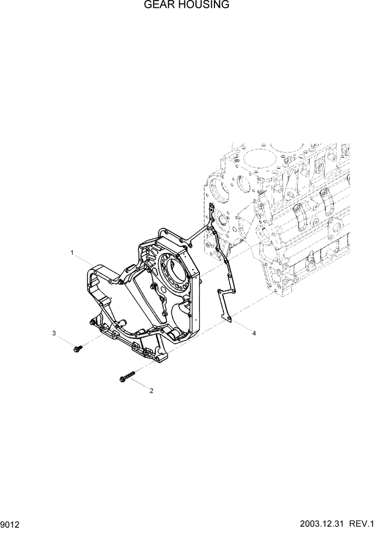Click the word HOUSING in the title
point(201,6)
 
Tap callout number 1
point(72,253)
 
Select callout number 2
point(151,391)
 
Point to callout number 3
point(54,333)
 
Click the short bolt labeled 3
point(78,348)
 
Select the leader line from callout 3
point(65,340)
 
